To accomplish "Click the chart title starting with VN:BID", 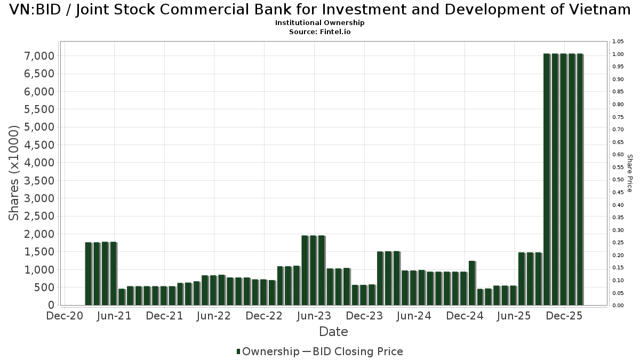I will pos(320,11).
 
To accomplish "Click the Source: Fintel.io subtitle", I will pos(320,31).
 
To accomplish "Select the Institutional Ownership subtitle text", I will pos(320,23).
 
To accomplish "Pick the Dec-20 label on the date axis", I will pos(65,316).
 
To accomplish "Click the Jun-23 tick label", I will pos(314,316).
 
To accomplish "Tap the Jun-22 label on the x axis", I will pos(214,316).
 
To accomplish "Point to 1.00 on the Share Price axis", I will pos(618,54).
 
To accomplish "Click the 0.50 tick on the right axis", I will pos(618,180).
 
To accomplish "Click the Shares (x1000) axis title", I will pos(14,173).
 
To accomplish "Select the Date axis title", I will pos(333,332).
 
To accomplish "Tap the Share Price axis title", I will pos(629,173).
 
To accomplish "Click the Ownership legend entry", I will pos(268,351).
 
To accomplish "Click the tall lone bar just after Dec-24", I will pos(471,283).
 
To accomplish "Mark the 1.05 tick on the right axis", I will pos(618,42).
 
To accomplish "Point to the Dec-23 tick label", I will pos(364,316).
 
